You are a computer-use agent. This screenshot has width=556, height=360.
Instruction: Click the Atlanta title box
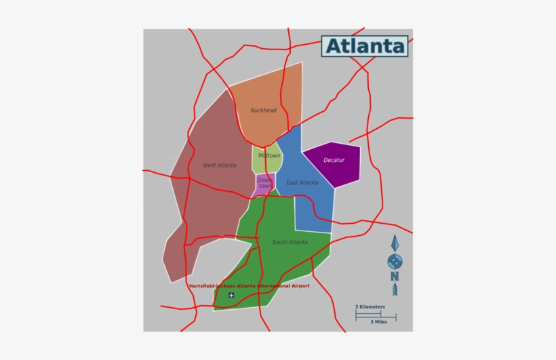click(x=365, y=46)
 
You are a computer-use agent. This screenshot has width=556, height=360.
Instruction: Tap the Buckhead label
click(x=263, y=111)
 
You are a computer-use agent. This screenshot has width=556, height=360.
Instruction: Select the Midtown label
click(x=269, y=155)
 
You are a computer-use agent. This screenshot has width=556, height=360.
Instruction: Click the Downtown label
click(x=264, y=183)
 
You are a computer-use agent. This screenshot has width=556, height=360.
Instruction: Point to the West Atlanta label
click(x=219, y=165)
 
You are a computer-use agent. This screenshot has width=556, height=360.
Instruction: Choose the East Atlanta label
click(x=302, y=183)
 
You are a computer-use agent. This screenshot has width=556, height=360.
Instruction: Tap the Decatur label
click(x=334, y=160)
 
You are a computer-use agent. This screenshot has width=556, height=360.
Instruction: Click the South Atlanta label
click(x=290, y=242)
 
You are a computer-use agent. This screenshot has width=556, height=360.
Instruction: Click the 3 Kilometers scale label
click(x=370, y=307)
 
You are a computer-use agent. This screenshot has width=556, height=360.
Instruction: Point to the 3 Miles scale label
click(x=382, y=322)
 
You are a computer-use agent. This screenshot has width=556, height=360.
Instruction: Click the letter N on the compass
click(x=394, y=275)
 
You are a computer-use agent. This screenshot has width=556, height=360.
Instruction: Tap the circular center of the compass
click(x=394, y=260)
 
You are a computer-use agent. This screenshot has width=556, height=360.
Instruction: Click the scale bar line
click(x=375, y=315)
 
